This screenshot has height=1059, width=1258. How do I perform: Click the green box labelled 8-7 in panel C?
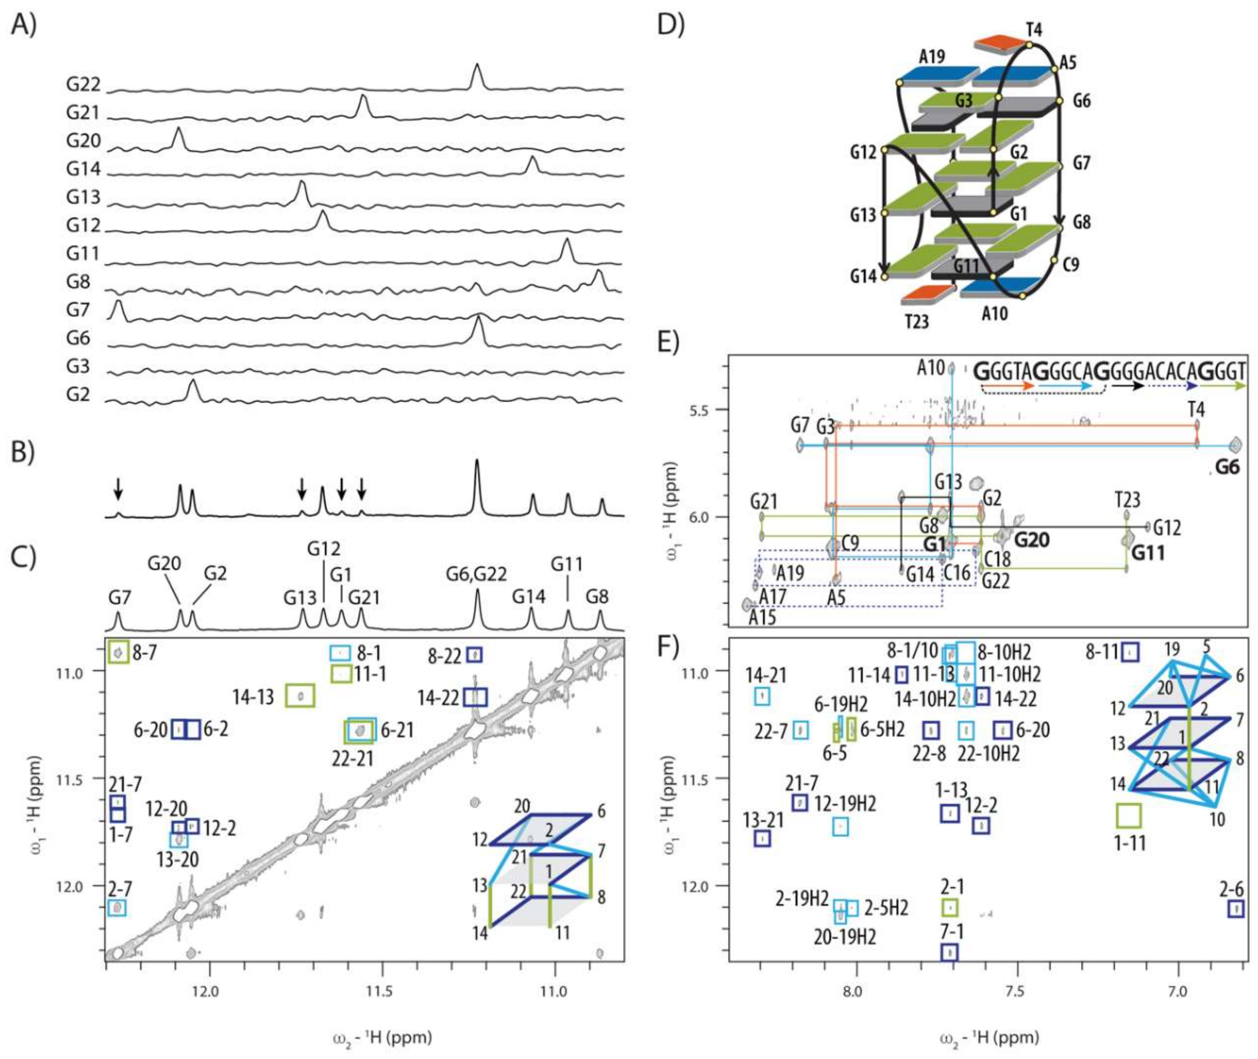click(118, 652)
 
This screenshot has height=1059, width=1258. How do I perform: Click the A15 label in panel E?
click(762, 617)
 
